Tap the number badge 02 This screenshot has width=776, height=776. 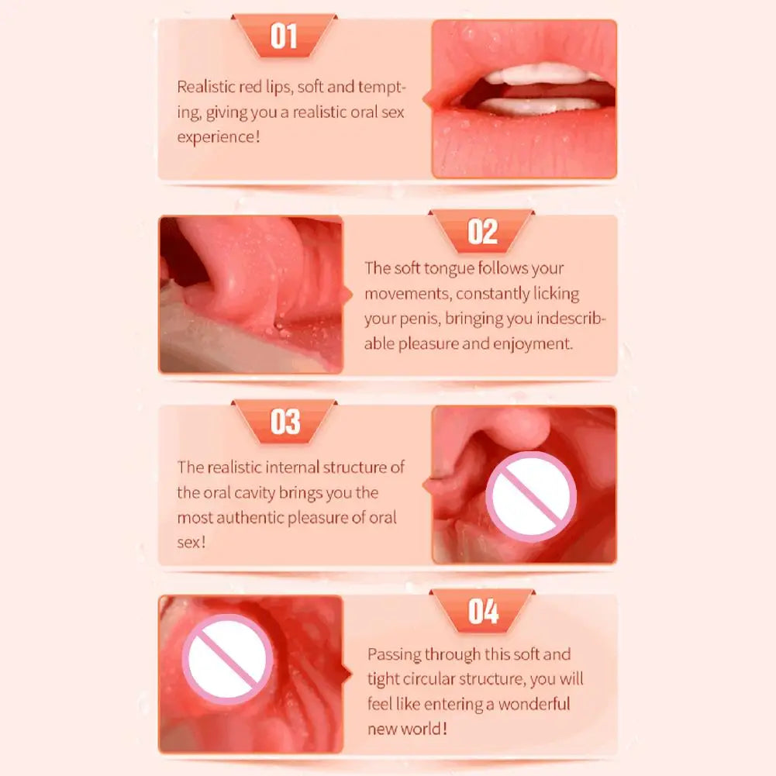tap(482, 231)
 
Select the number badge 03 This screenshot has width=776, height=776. tap(284, 422)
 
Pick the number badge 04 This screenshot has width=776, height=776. tap(482, 612)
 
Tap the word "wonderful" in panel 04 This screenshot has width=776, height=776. tap(534, 704)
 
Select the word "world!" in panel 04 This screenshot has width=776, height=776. tap(426, 729)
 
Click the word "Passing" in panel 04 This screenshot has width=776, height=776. tap(396, 654)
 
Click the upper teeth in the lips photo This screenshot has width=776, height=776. tap(535, 74)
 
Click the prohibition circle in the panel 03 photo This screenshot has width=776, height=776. tap(531, 497)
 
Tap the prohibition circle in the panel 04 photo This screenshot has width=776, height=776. tap(228, 660)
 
